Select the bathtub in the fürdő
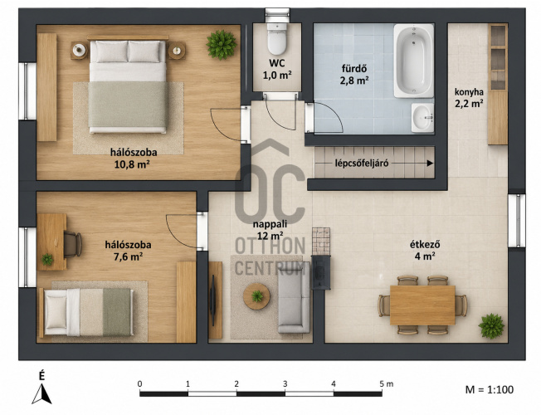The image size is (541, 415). point(414,61)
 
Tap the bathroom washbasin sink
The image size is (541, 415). point(422,117)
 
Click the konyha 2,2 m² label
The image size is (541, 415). point(469,98)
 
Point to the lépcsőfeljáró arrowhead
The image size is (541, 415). point(430,164)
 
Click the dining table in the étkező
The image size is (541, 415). point(422,305)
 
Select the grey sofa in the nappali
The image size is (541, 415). point(294,302)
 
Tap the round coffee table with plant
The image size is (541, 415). point(256,296)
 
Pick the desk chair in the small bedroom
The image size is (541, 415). point(72,245)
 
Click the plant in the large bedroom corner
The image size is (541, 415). point(222,45)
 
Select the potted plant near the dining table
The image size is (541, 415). point(491,326)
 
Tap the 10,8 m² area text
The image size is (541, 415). point(132,164)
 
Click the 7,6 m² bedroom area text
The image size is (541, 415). point(129,256)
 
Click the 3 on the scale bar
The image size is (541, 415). point(285,383)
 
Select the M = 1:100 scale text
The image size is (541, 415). point(490,389)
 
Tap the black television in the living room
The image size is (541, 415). point(213,300)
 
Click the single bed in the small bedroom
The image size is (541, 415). point(85,312)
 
